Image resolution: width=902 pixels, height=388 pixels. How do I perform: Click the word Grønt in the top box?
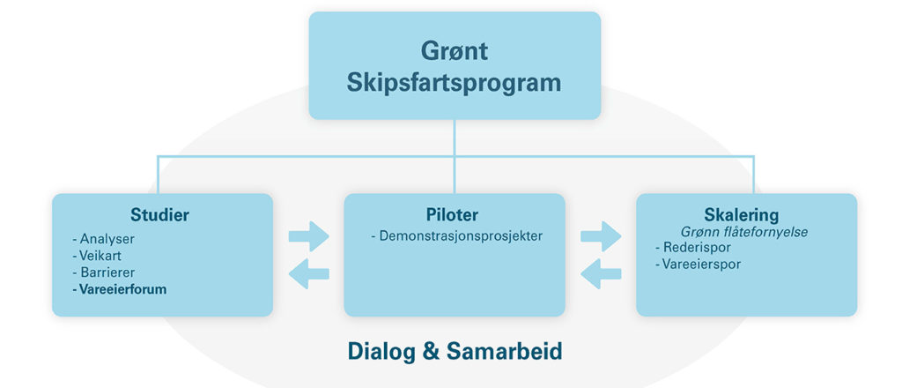tap(455, 51)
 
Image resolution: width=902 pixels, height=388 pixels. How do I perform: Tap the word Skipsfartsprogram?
tap(454, 84)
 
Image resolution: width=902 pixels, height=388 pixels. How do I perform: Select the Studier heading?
tap(160, 215)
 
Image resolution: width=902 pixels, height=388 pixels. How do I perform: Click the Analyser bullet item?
tap(104, 238)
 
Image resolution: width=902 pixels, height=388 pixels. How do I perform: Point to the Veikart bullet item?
tap(97, 255)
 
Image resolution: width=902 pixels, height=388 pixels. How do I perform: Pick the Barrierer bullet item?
tap(104, 272)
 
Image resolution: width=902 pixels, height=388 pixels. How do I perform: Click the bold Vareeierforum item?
tap(120, 289)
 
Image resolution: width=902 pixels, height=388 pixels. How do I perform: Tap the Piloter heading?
tap(452, 215)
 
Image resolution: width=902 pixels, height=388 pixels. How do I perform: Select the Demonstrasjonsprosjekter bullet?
tap(457, 236)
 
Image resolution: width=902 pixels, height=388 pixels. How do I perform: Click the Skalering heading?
tap(742, 215)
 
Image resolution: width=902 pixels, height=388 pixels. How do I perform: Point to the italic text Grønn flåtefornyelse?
tap(744, 233)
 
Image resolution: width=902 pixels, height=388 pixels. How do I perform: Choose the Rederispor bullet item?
tap(693, 248)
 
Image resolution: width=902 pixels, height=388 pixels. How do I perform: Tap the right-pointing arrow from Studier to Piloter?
tap(309, 236)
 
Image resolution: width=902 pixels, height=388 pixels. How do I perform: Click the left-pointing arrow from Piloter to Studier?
tap(309, 273)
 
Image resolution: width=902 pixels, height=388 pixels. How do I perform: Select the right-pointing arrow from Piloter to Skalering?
tap(601, 236)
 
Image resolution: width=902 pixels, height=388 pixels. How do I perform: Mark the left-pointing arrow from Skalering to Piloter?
tap(601, 273)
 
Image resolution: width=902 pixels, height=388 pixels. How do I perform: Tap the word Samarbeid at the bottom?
tap(504, 351)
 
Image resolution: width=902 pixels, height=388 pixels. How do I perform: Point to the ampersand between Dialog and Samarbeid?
tap(430, 352)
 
